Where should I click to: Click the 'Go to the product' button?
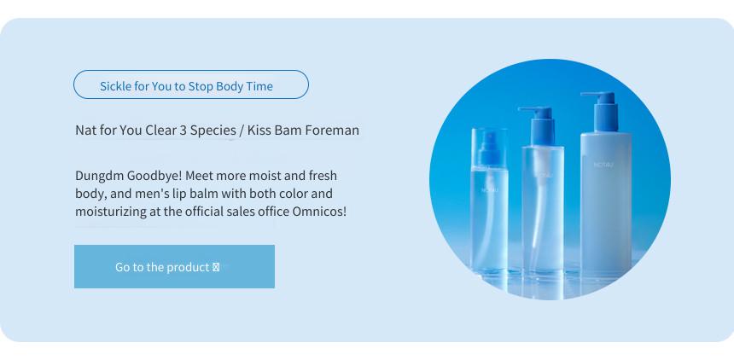(x=174, y=266)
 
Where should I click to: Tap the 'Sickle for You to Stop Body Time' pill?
(x=191, y=84)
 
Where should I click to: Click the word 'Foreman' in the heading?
(x=332, y=131)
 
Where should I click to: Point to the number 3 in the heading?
(x=182, y=131)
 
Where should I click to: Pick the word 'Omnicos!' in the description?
(x=319, y=211)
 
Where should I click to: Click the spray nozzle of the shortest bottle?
(x=490, y=149)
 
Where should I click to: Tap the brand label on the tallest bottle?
(x=603, y=165)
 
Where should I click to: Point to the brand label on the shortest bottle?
(x=490, y=190)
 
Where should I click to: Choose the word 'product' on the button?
(x=188, y=267)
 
